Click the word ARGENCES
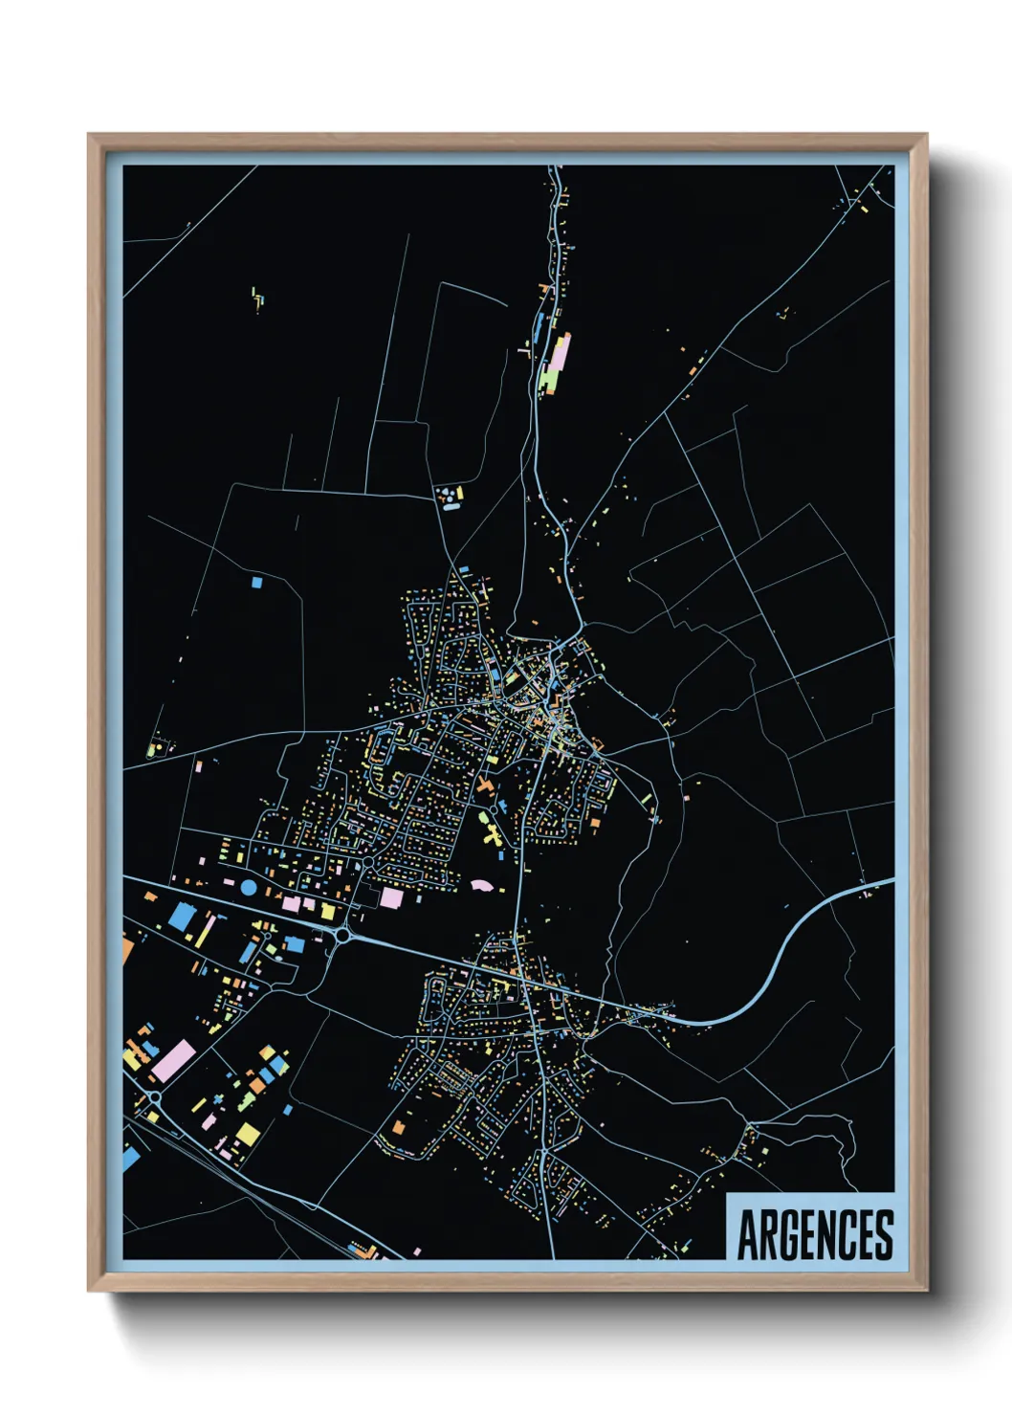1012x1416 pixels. (x=815, y=1234)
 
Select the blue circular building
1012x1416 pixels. (x=248, y=887)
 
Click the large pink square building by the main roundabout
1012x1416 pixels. (x=391, y=897)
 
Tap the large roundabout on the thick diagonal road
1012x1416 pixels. (x=341, y=935)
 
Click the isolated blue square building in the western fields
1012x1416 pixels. (x=255, y=581)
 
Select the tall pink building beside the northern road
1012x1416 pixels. (x=561, y=352)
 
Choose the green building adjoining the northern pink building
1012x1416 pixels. (x=548, y=381)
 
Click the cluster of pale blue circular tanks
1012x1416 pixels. (x=446, y=498)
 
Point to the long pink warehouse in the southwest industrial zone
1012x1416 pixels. (x=174, y=1062)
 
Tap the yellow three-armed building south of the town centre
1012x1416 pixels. (x=492, y=835)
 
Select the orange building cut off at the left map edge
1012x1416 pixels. (x=127, y=949)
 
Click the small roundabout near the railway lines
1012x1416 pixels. (x=154, y=1097)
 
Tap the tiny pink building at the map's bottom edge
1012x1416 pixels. (x=417, y=1250)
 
